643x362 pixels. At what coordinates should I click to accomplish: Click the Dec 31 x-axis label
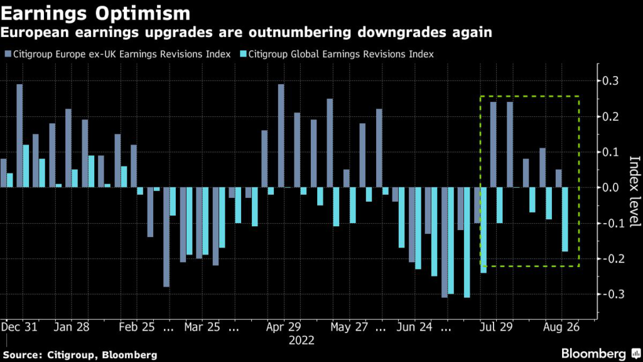tap(18, 327)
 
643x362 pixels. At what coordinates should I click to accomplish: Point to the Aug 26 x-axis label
tap(560, 327)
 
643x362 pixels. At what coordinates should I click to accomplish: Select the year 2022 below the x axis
tap(301, 341)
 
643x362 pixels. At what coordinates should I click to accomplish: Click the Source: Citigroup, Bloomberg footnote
tap(80, 355)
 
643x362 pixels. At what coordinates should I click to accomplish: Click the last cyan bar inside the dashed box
tap(565, 219)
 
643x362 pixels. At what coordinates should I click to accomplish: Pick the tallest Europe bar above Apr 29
tap(281, 136)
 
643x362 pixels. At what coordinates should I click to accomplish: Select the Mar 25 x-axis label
tap(202, 327)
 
